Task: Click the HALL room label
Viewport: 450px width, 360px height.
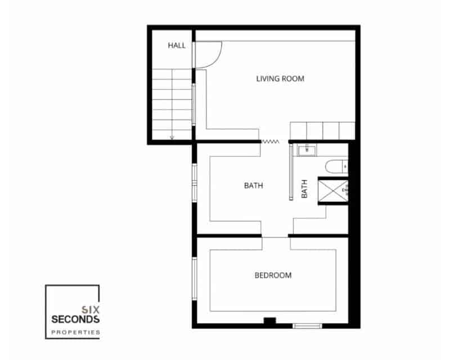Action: click(176, 46)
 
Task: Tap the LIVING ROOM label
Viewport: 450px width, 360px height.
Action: click(280, 79)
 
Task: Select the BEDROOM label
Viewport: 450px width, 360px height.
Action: click(273, 275)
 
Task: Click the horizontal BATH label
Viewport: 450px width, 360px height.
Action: click(253, 186)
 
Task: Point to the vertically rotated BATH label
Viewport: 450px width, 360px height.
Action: click(304, 188)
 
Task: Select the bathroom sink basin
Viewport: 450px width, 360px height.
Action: click(307, 150)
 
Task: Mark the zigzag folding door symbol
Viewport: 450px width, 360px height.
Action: click(271, 142)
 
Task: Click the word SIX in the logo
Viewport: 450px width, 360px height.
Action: click(91, 309)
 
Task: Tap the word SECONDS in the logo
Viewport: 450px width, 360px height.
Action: click(75, 319)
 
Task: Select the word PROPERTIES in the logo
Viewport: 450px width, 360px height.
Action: click(75, 332)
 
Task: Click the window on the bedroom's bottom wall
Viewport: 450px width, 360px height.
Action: click(308, 325)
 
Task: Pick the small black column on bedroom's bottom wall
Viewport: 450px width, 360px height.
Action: click(271, 322)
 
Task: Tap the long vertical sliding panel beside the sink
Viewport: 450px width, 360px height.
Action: click(291, 171)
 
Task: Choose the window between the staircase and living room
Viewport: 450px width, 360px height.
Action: click(194, 104)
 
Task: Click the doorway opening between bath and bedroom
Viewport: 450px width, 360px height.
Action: click(276, 236)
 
